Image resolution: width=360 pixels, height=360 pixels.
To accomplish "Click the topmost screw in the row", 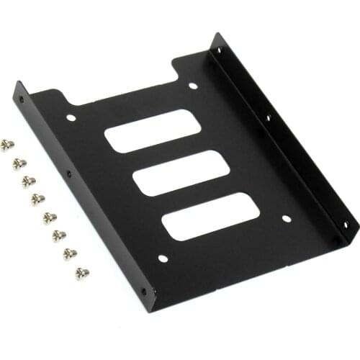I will (7, 145).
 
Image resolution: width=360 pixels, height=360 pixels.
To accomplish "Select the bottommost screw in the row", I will (81, 273).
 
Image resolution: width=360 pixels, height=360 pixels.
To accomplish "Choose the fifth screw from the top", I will (49, 217).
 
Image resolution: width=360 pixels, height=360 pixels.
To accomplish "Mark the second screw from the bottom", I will (71, 254).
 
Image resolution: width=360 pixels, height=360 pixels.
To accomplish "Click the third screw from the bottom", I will (59, 235).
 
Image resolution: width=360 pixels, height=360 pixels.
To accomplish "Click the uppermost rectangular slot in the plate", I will (152, 131).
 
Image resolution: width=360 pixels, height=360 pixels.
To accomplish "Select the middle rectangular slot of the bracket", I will (181, 173).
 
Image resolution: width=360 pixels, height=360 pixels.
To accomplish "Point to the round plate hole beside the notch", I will (193, 86).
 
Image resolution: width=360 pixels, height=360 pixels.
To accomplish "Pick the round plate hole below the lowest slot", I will (163, 258).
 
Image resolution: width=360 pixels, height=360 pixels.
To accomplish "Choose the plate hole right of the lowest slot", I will (286, 218).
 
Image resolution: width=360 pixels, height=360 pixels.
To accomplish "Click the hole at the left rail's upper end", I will (21, 99).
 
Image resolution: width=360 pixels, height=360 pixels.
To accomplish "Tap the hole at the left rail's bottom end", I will (143, 292).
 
